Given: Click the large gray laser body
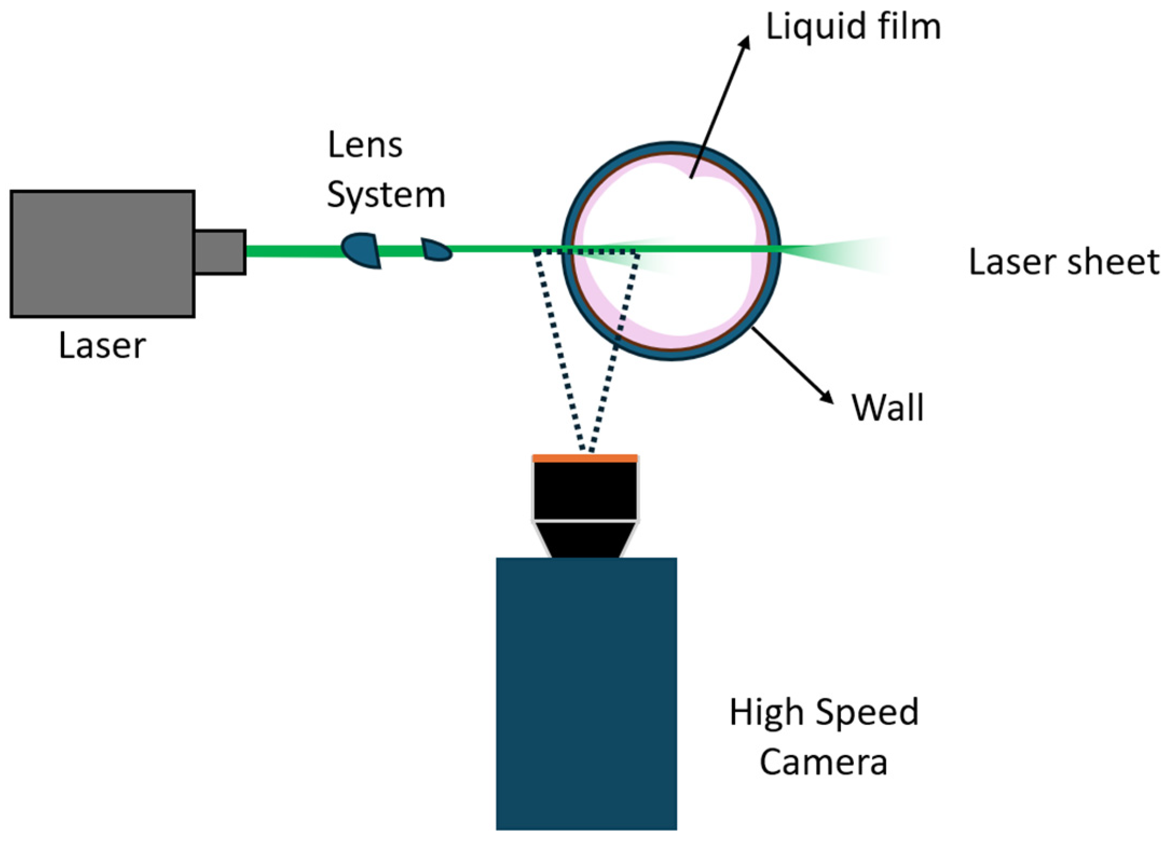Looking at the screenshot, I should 102,253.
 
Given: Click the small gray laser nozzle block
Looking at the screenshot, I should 220,252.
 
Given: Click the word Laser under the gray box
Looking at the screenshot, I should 102,346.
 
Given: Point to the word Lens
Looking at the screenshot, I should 365,145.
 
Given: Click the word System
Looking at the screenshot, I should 386,195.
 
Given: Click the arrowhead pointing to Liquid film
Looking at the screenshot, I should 746,43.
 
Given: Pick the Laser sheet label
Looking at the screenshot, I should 1064,262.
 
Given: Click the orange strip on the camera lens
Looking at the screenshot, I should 585,458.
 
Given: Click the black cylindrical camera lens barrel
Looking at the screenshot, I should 585,491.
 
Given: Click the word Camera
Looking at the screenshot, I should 824,762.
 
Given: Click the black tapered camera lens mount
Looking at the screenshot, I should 585,539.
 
